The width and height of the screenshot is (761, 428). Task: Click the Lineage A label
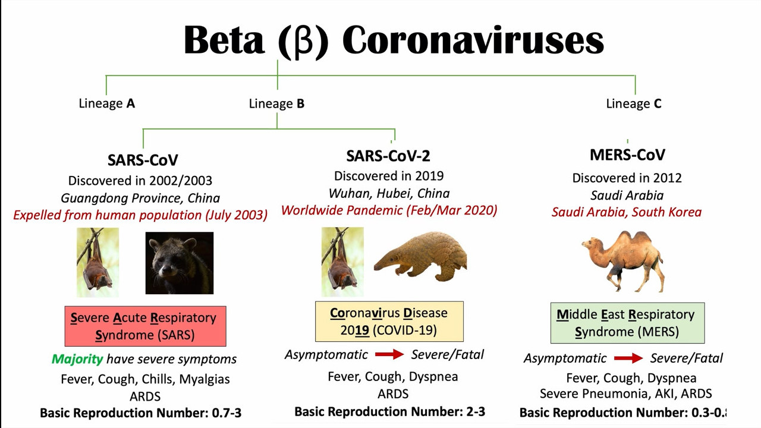coord(106,103)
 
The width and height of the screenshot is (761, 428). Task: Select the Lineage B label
coord(276,103)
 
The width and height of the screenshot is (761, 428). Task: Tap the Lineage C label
coord(634,103)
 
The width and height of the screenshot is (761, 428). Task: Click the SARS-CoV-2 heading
coord(388,156)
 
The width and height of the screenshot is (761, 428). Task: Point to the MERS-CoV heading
coord(627,155)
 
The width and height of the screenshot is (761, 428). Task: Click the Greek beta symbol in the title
coord(303,42)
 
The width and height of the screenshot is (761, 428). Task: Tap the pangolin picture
coord(420,256)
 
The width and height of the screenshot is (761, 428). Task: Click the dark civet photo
coord(180,263)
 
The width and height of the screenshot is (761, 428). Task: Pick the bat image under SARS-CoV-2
coord(342,262)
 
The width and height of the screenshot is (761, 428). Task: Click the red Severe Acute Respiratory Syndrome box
coord(146,326)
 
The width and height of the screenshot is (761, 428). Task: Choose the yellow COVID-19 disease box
coord(389,322)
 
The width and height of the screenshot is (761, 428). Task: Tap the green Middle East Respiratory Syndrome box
coord(627,323)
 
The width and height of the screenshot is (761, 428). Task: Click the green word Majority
coord(77,359)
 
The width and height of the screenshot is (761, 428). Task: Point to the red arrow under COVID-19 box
coord(389,355)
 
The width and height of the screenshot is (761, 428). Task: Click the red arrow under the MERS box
coord(628,358)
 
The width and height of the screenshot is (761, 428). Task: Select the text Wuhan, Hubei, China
coord(389,194)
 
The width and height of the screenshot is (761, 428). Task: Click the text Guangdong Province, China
coord(140,198)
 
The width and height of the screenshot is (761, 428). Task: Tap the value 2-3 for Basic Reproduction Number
coord(476,412)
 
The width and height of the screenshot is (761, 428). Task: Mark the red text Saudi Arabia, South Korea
coord(627,212)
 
